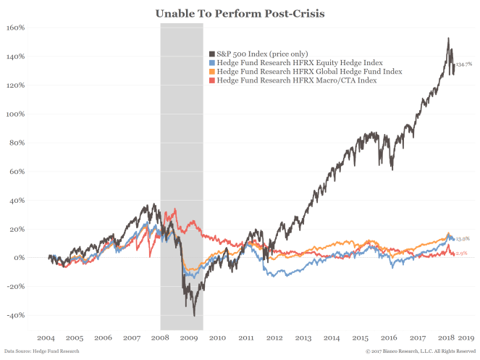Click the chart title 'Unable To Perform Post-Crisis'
[240, 13]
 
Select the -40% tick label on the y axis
[15, 315]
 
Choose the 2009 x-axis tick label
[188, 338]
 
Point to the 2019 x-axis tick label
[467, 338]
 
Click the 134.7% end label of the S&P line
[464, 64]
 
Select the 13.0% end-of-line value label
[463, 238]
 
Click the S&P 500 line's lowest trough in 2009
[194, 315]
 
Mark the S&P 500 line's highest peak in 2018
[449, 38]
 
